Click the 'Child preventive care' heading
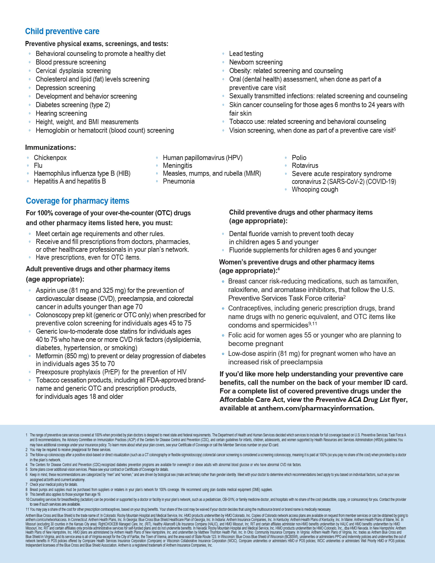(x=62, y=31)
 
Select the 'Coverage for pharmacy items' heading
(x=77, y=201)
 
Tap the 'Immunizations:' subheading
(x=50, y=147)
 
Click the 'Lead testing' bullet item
(x=246, y=54)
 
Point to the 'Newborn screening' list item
(x=256, y=62)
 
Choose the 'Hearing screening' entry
(x=61, y=113)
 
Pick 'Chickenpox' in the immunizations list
(x=50, y=158)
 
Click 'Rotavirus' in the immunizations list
(x=305, y=165)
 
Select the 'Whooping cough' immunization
(x=315, y=189)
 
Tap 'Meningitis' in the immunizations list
(x=177, y=165)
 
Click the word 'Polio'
(x=299, y=158)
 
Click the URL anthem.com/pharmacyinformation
(x=316, y=408)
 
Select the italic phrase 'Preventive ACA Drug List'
(x=352, y=400)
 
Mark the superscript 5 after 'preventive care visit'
(x=395, y=129)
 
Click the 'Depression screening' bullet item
(x=65, y=88)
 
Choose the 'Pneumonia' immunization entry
(x=178, y=181)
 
